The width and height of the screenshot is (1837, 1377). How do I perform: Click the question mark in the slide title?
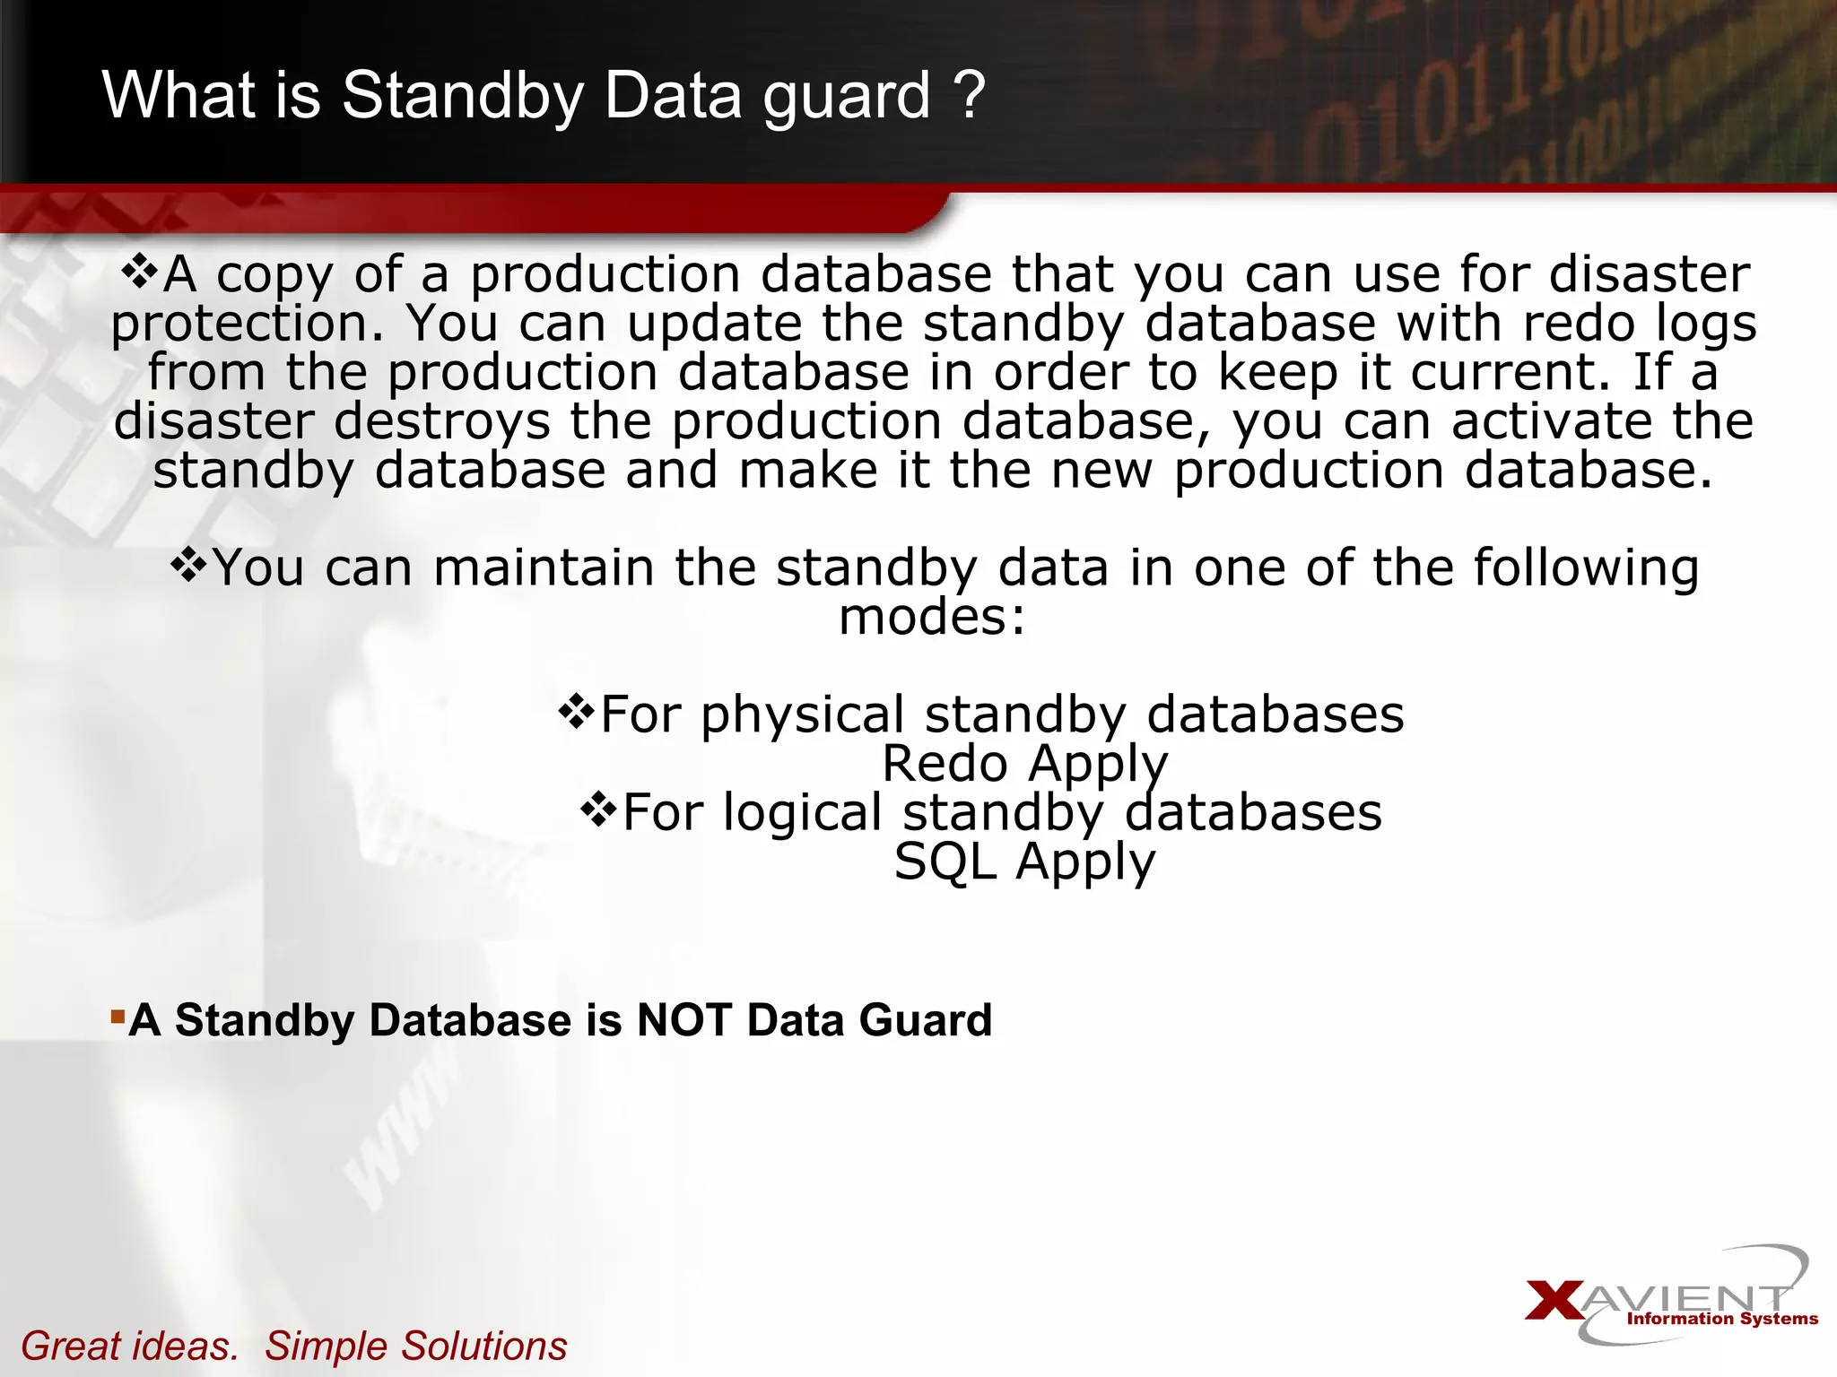pyautogui.click(x=968, y=95)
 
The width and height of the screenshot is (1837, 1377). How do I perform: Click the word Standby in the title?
pyautogui.click(x=462, y=97)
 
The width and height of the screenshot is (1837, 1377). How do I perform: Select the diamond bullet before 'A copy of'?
pyautogui.click(x=139, y=271)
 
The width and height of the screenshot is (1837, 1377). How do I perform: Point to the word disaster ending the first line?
pyautogui.click(x=1650, y=273)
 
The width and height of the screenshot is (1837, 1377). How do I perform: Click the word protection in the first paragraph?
pyautogui.click(x=247, y=325)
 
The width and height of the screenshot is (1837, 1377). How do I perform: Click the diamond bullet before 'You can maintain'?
pyautogui.click(x=188, y=566)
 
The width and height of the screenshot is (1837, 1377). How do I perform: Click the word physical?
pyautogui.click(x=802, y=715)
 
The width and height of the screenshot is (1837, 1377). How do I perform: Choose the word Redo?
pyautogui.click(x=945, y=764)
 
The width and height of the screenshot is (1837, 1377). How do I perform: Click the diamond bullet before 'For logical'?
pyautogui.click(x=598, y=810)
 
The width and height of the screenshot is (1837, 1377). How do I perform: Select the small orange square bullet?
pyautogui.click(x=117, y=1016)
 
